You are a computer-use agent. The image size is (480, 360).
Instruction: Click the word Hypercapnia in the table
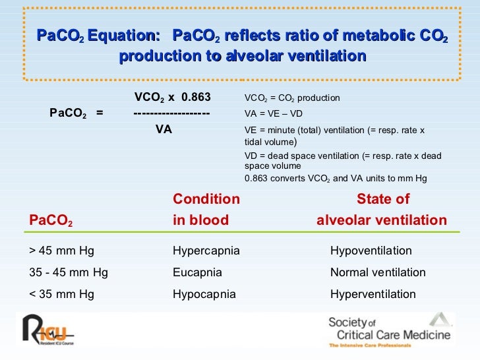click(x=206, y=251)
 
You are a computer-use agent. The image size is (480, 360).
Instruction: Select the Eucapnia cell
click(x=197, y=272)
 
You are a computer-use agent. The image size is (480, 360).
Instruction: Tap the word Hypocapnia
click(x=204, y=294)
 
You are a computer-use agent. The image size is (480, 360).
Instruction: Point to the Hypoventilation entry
click(x=371, y=251)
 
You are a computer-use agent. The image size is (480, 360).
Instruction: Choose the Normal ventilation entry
click(x=377, y=272)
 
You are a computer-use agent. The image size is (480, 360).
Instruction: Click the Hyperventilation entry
click(x=373, y=294)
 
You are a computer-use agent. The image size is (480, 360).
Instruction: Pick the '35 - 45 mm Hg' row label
click(x=69, y=272)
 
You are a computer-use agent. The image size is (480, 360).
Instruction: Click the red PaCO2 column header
click(x=51, y=221)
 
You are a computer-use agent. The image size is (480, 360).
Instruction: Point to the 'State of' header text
click(x=382, y=200)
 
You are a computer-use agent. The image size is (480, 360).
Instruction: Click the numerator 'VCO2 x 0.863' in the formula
click(x=172, y=98)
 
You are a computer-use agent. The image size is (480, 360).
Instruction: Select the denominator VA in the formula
click(x=164, y=130)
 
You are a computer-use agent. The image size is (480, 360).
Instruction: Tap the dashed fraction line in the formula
click(x=171, y=114)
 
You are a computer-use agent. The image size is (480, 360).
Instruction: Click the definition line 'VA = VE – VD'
click(x=273, y=114)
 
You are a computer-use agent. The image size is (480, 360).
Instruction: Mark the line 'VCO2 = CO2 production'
click(x=292, y=98)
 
